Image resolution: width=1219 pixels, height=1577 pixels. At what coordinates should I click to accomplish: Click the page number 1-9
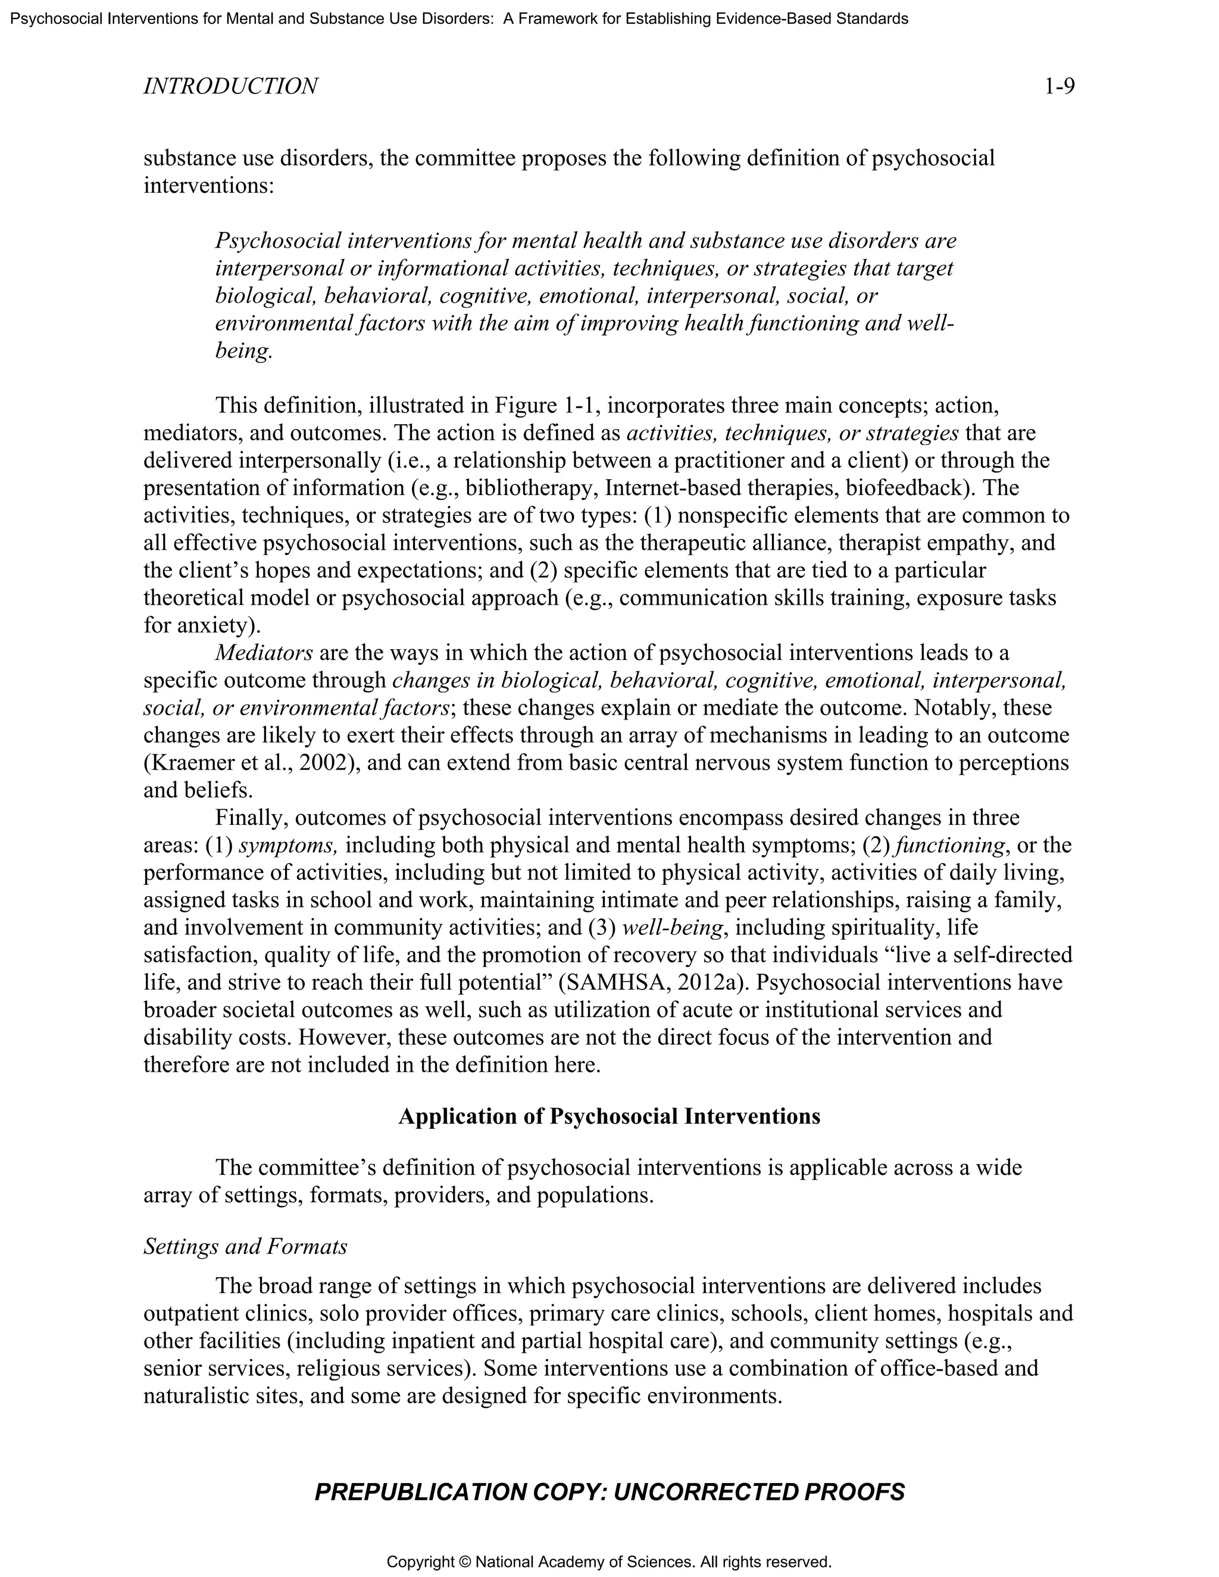[1059, 87]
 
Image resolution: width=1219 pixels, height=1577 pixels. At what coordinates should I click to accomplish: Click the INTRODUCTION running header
[230, 87]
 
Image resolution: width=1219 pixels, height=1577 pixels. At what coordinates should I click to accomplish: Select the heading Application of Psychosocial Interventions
[609, 1116]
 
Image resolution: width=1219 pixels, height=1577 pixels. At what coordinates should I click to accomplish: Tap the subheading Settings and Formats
[246, 1246]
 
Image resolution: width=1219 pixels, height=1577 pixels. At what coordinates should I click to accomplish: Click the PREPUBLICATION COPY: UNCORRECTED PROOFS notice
[609, 1492]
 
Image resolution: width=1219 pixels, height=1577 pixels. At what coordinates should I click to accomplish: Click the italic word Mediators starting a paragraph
[264, 653]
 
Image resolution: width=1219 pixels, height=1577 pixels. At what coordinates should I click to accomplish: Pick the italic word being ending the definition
[243, 351]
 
